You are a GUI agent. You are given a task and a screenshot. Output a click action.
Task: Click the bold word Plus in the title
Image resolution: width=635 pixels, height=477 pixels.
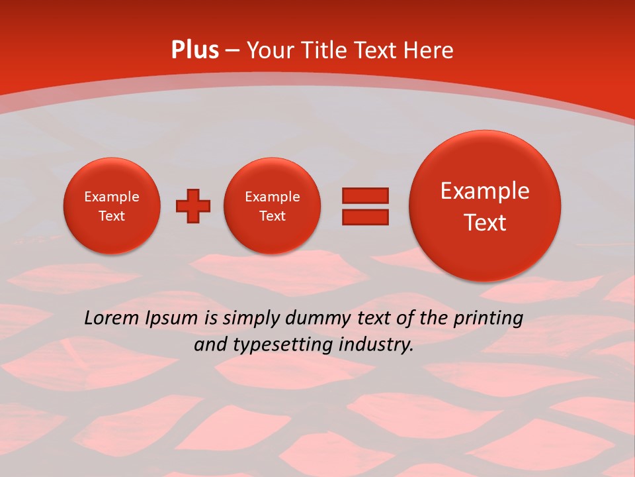195,50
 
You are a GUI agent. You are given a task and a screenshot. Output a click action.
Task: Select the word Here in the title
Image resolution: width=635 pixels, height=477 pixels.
429,50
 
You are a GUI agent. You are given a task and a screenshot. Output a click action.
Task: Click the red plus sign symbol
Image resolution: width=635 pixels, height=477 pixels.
193,207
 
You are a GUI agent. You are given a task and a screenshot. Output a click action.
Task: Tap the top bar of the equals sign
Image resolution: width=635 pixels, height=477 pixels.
365,195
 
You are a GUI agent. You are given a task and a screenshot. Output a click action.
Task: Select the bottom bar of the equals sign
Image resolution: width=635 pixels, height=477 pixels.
365,217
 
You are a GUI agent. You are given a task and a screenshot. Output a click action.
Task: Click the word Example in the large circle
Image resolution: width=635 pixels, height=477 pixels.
485,191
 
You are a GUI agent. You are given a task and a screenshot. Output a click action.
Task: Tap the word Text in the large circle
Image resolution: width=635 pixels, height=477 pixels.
485,223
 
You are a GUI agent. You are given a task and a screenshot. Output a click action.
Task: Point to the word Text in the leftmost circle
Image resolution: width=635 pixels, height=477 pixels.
112,216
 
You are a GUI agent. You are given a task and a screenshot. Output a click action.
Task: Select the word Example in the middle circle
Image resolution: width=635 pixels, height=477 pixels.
273,197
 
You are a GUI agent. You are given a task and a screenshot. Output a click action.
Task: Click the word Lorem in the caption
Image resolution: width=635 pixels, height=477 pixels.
111,318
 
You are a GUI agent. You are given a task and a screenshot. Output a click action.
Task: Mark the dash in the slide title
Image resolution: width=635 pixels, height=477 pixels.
233,51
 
